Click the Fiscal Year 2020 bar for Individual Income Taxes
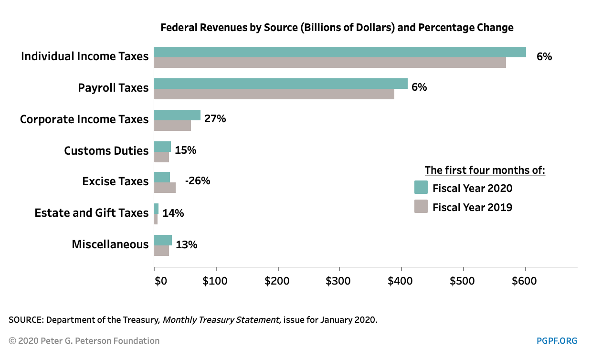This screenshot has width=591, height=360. click(x=340, y=52)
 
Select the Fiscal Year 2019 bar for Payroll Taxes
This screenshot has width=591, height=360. click(x=274, y=94)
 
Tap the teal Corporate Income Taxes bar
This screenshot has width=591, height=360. click(x=177, y=115)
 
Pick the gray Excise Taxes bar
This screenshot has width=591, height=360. click(x=165, y=188)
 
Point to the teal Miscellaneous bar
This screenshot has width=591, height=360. click(x=163, y=240)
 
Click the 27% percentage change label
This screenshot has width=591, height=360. click(x=215, y=119)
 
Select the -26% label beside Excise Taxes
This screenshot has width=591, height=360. click(x=198, y=181)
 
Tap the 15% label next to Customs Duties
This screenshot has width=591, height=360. click(x=186, y=150)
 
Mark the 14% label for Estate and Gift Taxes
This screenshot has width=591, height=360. click(x=173, y=213)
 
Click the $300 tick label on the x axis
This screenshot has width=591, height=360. click(x=338, y=281)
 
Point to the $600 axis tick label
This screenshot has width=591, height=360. click(x=524, y=281)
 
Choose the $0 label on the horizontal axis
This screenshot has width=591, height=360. click(x=161, y=281)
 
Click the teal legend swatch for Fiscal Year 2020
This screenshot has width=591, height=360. click(x=421, y=187)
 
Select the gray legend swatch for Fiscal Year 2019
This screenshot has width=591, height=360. click(x=421, y=206)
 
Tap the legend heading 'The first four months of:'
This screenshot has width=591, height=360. click(x=485, y=170)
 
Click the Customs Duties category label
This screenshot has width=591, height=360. click(x=106, y=151)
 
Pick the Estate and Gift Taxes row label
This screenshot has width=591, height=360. click(x=92, y=213)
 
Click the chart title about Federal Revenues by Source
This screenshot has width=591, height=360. click(x=337, y=27)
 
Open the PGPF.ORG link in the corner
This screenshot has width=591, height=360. click(x=557, y=341)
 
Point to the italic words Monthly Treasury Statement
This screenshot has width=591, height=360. click(x=221, y=320)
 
